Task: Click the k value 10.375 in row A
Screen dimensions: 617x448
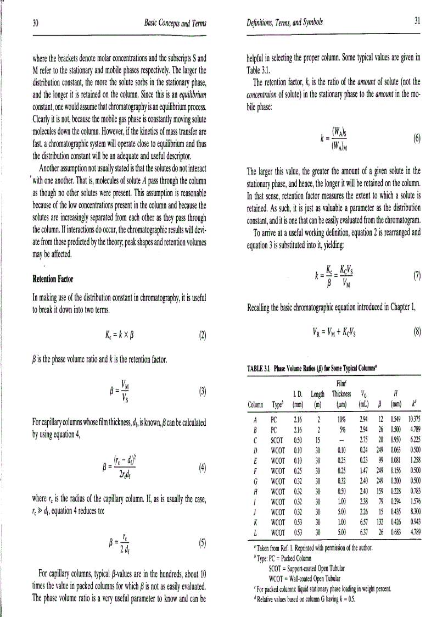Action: point(412,419)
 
